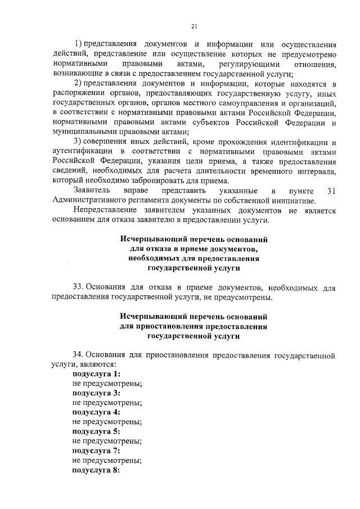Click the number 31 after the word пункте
tap(331, 191)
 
